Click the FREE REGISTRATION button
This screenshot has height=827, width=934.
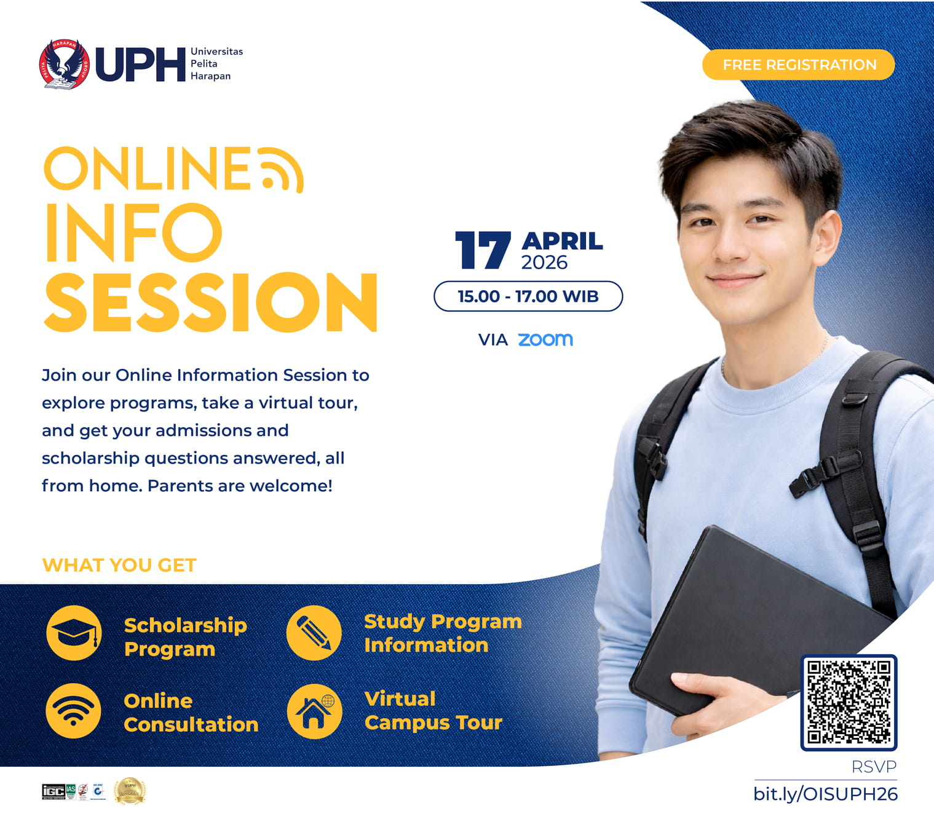tap(798, 65)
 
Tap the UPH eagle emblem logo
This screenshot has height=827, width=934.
tap(64, 64)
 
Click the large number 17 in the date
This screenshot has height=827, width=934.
tap(483, 250)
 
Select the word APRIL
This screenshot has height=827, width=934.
tap(562, 240)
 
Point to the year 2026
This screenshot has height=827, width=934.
tap(544, 263)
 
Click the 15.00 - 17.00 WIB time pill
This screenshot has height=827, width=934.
tap(528, 296)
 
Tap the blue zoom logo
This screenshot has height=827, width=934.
tap(545, 339)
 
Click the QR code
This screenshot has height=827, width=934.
tap(849, 702)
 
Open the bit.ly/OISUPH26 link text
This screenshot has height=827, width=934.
tap(825, 794)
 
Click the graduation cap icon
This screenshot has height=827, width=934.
tap(74, 633)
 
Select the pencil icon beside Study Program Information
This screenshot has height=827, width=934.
tap(314, 633)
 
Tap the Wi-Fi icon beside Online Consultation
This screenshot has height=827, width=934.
tap(74, 711)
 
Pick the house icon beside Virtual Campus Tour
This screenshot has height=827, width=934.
tap(314, 711)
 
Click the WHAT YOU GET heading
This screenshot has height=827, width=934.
tap(119, 565)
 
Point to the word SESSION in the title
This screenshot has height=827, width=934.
tap(211, 302)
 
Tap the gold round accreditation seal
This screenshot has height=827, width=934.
tap(130, 791)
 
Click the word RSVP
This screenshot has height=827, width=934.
tap(874, 767)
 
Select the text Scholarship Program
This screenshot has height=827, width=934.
tap(185, 637)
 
